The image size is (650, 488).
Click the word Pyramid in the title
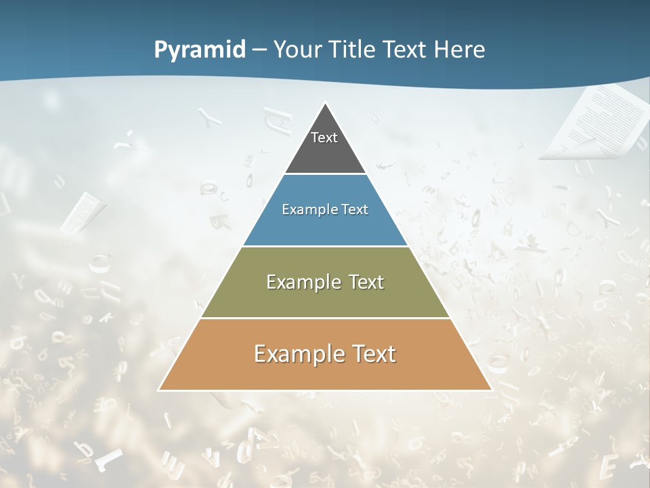click(200, 50)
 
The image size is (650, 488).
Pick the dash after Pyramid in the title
click(259, 50)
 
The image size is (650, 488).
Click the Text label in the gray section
click(324, 138)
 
